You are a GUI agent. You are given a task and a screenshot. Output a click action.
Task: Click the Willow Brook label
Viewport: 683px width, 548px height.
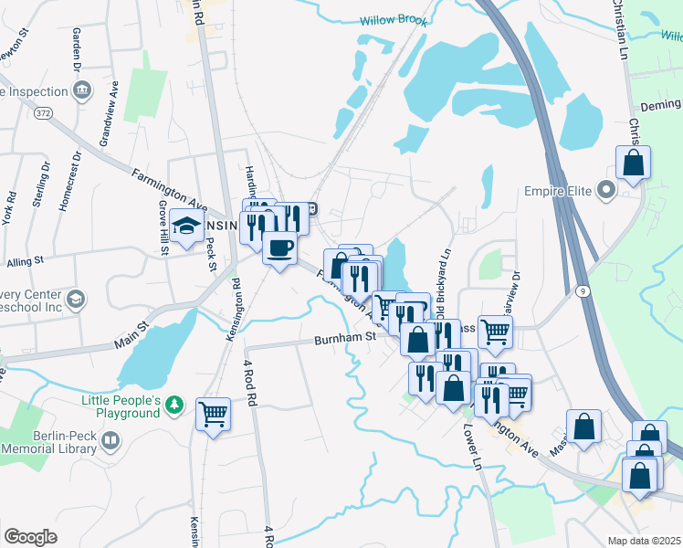[x=394, y=19]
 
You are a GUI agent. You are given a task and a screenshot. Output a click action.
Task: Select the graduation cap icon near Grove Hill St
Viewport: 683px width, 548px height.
[x=186, y=227]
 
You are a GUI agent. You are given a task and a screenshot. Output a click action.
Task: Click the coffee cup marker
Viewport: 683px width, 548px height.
[x=279, y=246]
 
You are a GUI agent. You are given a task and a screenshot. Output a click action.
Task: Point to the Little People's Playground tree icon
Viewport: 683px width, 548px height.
[x=177, y=405]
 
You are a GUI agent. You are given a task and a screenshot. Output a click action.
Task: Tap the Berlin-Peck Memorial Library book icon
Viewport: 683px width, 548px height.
[x=110, y=441]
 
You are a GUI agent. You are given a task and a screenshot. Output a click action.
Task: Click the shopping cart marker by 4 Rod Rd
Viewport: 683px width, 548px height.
[x=213, y=414]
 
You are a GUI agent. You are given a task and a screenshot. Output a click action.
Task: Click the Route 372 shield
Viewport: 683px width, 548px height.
[x=43, y=111]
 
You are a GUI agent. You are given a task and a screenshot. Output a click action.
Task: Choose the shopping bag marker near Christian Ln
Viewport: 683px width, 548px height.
[x=633, y=164]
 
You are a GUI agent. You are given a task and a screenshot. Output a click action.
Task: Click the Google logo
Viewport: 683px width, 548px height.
[x=30, y=536]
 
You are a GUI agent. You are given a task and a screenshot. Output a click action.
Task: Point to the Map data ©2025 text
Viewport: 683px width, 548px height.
[x=645, y=541]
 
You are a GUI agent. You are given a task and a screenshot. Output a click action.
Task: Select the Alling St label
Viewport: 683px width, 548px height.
[x=26, y=262]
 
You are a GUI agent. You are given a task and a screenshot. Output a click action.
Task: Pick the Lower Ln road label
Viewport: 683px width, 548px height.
[x=471, y=446]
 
